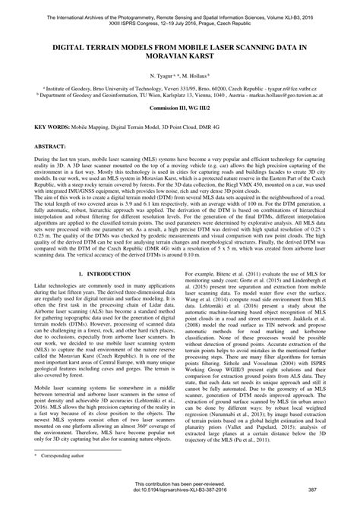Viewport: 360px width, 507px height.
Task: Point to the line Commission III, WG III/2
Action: [x=179, y=109]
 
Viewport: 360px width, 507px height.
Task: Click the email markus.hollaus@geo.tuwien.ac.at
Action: [x=291, y=96]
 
